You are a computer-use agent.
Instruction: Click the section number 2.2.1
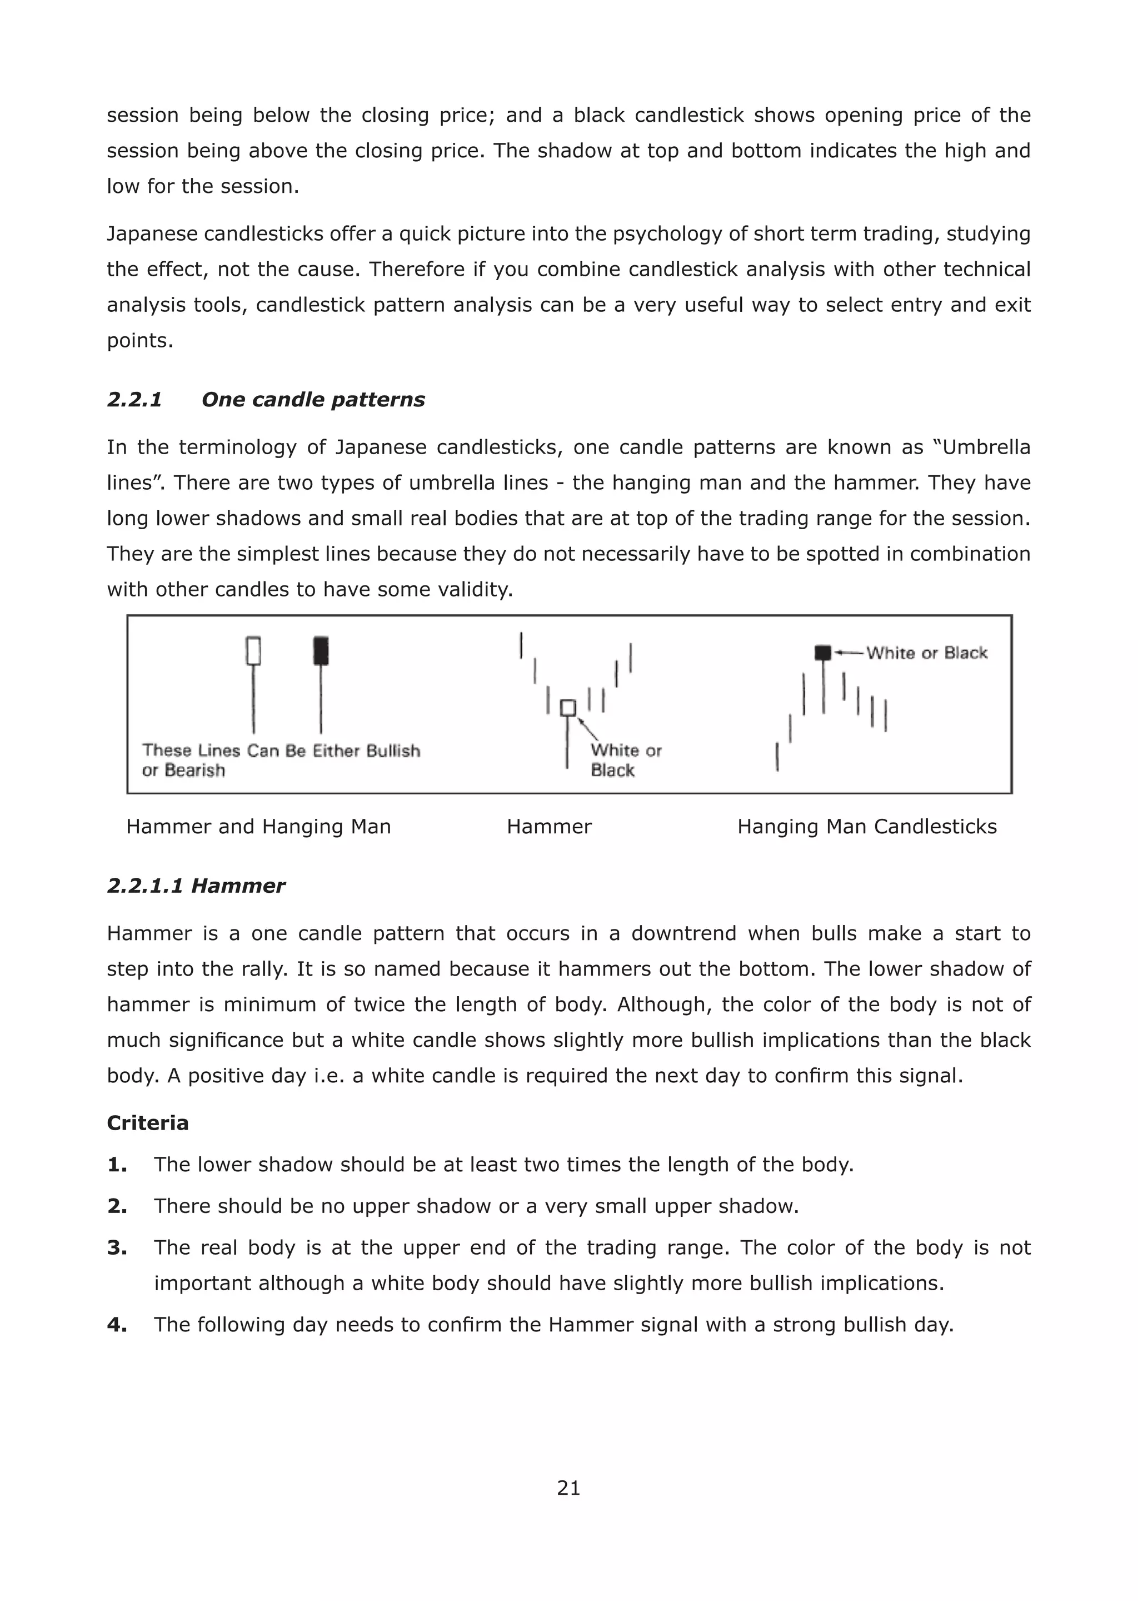coord(134,400)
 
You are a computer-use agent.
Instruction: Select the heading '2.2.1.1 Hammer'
coord(196,886)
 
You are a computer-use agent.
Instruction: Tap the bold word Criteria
coord(147,1123)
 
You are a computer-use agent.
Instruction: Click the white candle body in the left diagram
coord(254,650)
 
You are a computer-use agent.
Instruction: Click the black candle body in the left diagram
coord(321,650)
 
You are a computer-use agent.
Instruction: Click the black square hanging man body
coord(823,653)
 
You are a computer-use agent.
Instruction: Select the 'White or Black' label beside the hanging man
coord(926,653)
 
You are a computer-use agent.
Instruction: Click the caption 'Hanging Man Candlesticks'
coord(867,827)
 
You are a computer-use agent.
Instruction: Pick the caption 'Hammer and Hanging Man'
coord(258,827)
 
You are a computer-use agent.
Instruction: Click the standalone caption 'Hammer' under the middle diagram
coord(548,827)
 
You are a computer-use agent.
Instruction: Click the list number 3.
coord(117,1247)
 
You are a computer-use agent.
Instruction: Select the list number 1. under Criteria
coord(117,1164)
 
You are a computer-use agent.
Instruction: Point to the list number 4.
coord(117,1325)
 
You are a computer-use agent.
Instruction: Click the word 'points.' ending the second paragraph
coord(139,341)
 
